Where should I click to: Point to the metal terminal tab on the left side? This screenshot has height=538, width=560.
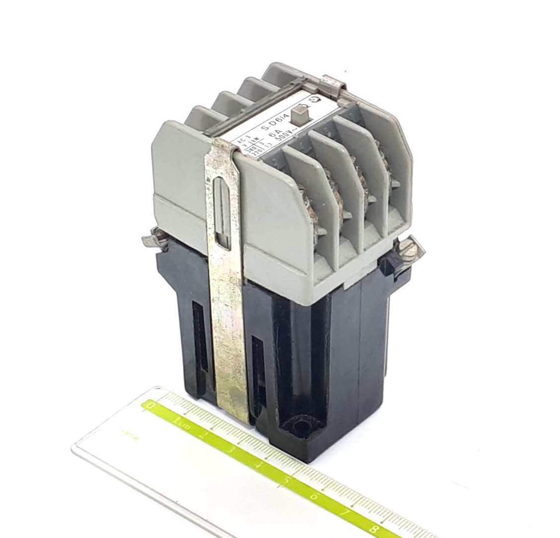tap(151, 241)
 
